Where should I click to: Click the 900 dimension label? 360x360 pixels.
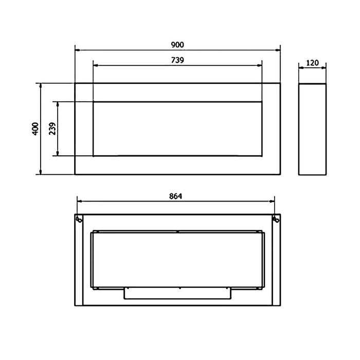[177, 45]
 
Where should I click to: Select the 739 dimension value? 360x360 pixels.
[177, 60]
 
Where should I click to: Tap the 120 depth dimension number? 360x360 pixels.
[313, 63]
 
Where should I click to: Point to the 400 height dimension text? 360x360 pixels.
[35, 129]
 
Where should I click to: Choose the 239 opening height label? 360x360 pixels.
[52, 129]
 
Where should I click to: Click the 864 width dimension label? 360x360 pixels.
[176, 196]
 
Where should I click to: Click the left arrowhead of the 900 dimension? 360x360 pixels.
[78, 50]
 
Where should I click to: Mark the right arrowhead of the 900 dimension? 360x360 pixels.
[278, 50]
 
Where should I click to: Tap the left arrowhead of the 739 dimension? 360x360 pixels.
[96, 65]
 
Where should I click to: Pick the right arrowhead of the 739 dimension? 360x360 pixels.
[259, 65]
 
